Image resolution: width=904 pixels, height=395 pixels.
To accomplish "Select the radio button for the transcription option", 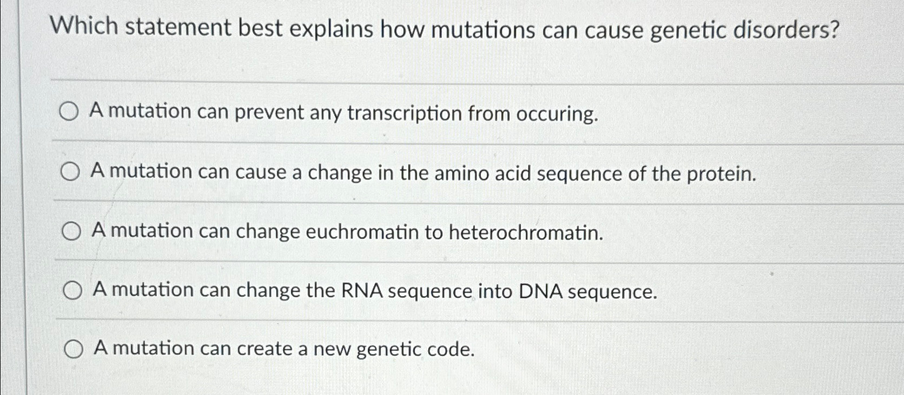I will (69, 113).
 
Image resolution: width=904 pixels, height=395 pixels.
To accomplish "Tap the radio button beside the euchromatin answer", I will (71, 232).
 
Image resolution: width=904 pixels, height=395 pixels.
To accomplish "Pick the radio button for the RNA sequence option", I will (72, 292).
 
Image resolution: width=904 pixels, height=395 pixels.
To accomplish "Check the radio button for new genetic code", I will (74, 351).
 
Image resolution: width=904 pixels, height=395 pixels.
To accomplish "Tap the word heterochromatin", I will (525, 233).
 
